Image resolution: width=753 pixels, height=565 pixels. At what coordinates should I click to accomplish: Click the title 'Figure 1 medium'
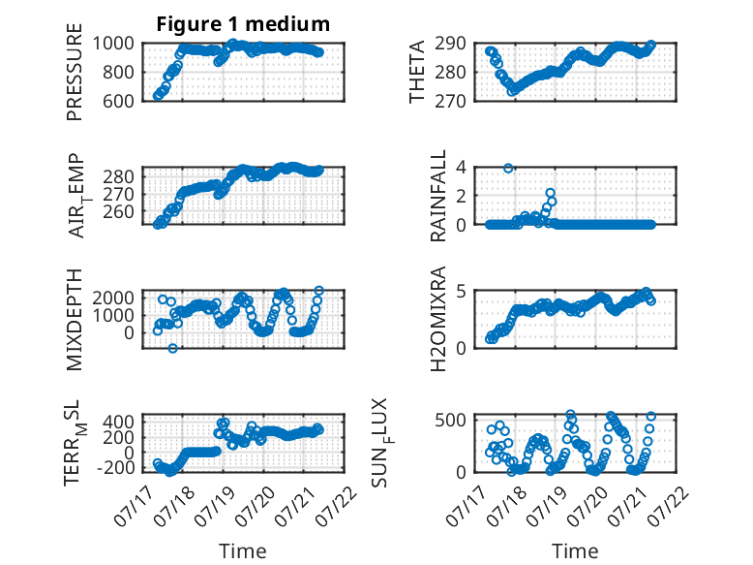(x=243, y=24)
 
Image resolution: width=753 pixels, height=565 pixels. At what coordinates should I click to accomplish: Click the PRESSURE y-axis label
(x=75, y=72)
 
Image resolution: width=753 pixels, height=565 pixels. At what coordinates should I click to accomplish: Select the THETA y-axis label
(x=417, y=72)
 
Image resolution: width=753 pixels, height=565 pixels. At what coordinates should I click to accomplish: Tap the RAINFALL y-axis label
(x=438, y=196)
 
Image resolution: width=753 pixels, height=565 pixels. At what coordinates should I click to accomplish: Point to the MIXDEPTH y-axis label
(x=75, y=319)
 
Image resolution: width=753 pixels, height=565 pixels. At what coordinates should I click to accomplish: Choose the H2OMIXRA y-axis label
(x=438, y=319)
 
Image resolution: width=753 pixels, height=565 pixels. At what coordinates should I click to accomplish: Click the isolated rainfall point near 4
(x=508, y=168)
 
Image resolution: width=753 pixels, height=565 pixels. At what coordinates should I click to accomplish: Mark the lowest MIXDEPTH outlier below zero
(x=173, y=348)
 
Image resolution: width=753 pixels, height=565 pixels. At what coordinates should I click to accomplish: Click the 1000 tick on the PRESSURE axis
(x=113, y=44)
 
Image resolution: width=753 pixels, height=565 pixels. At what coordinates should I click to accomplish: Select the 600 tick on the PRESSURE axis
(x=118, y=101)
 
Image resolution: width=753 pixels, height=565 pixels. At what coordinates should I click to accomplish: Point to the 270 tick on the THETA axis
(x=450, y=101)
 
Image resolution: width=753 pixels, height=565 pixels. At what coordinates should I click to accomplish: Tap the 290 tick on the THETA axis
(x=450, y=44)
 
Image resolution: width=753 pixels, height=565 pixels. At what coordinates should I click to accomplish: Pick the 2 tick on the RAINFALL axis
(x=462, y=196)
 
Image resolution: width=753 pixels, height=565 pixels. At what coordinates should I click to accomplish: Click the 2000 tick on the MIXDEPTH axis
(x=113, y=298)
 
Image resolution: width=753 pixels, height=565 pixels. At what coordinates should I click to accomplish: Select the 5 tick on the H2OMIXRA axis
(x=462, y=291)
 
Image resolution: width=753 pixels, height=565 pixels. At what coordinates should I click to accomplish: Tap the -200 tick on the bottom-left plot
(x=116, y=467)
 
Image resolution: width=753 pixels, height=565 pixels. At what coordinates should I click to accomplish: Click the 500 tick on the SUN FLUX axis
(x=450, y=421)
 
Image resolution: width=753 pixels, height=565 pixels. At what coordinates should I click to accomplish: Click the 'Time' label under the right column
(x=575, y=551)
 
